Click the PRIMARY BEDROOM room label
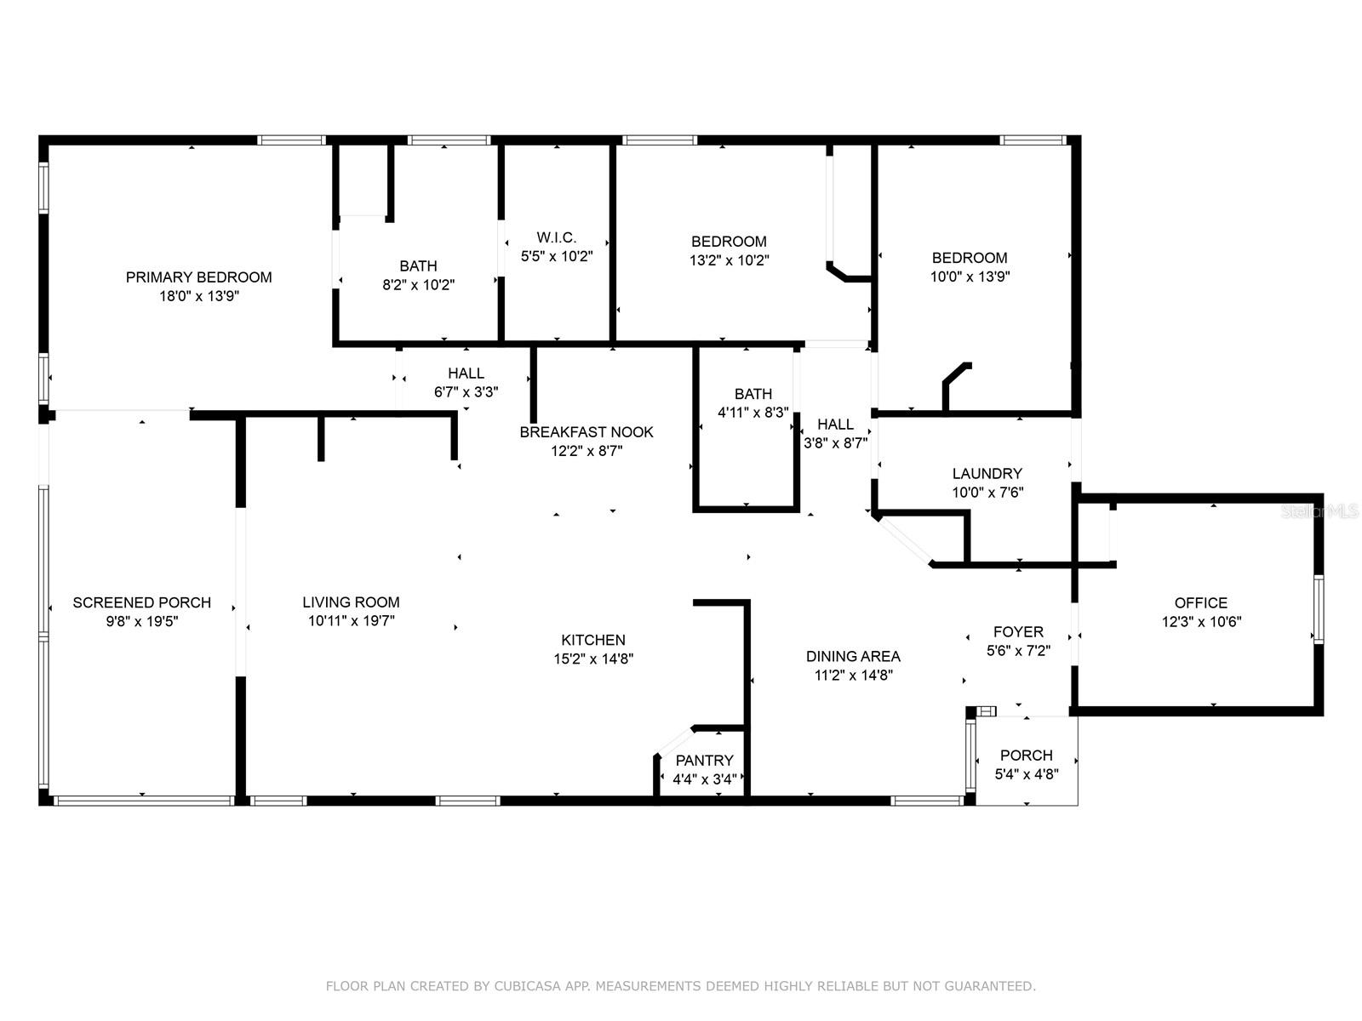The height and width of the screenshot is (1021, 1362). (198, 277)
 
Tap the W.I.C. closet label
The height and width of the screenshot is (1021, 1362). (557, 237)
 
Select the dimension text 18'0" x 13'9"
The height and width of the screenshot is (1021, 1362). (199, 296)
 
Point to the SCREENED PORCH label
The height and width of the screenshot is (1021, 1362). (142, 602)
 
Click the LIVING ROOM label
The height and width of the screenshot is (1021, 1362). (352, 602)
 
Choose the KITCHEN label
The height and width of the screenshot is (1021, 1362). (593, 640)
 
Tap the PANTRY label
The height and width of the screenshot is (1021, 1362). (704, 760)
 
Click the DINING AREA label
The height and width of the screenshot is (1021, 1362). (853, 656)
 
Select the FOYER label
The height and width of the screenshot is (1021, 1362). (1018, 631)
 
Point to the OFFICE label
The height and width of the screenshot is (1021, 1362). (1201, 602)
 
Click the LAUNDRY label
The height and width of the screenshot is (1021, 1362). (987, 474)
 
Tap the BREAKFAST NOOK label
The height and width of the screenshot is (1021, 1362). (587, 432)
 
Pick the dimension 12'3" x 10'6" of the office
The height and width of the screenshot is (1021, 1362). (1202, 622)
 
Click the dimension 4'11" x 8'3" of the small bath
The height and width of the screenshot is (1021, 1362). (753, 413)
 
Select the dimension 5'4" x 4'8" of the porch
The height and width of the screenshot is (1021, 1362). (1027, 774)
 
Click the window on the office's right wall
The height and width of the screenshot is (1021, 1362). (1318, 609)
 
